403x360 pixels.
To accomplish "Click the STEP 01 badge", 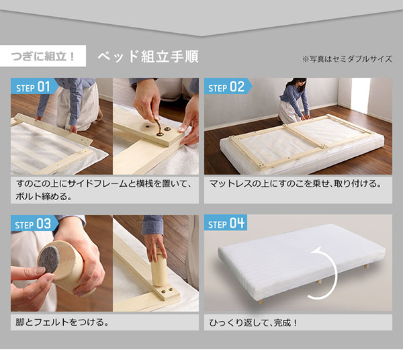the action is pyautogui.click(x=34, y=87).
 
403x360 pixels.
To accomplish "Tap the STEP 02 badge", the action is pyautogui.click(x=228, y=87).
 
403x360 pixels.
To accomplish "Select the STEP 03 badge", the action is pyautogui.click(x=34, y=224).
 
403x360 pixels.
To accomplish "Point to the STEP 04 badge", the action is pyautogui.click(x=226, y=223).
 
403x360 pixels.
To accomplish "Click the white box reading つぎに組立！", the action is pyautogui.click(x=43, y=56).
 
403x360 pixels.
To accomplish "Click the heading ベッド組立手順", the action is pyautogui.click(x=148, y=56).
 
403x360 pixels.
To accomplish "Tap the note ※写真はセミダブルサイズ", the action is pyautogui.click(x=347, y=59).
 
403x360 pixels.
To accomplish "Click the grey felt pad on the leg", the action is pyautogui.click(x=48, y=259).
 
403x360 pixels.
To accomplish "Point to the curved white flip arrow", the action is pyautogui.click(x=325, y=273).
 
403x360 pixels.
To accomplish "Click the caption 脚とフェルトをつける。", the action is pyautogui.click(x=62, y=322).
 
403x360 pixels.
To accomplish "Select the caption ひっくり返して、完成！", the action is pyautogui.click(x=253, y=322).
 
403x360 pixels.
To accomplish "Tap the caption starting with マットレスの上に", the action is pyautogui.click(x=295, y=184).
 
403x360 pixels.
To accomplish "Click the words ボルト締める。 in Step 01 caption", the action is pyautogui.click(x=44, y=196).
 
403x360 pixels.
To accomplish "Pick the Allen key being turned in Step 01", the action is pyautogui.click(x=157, y=126).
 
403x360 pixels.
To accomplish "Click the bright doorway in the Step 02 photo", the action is pyautogui.click(x=361, y=95).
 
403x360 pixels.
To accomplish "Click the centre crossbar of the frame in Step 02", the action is pyautogui.click(x=304, y=136).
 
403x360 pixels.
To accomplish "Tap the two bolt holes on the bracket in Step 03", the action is pyautogui.click(x=167, y=290).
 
